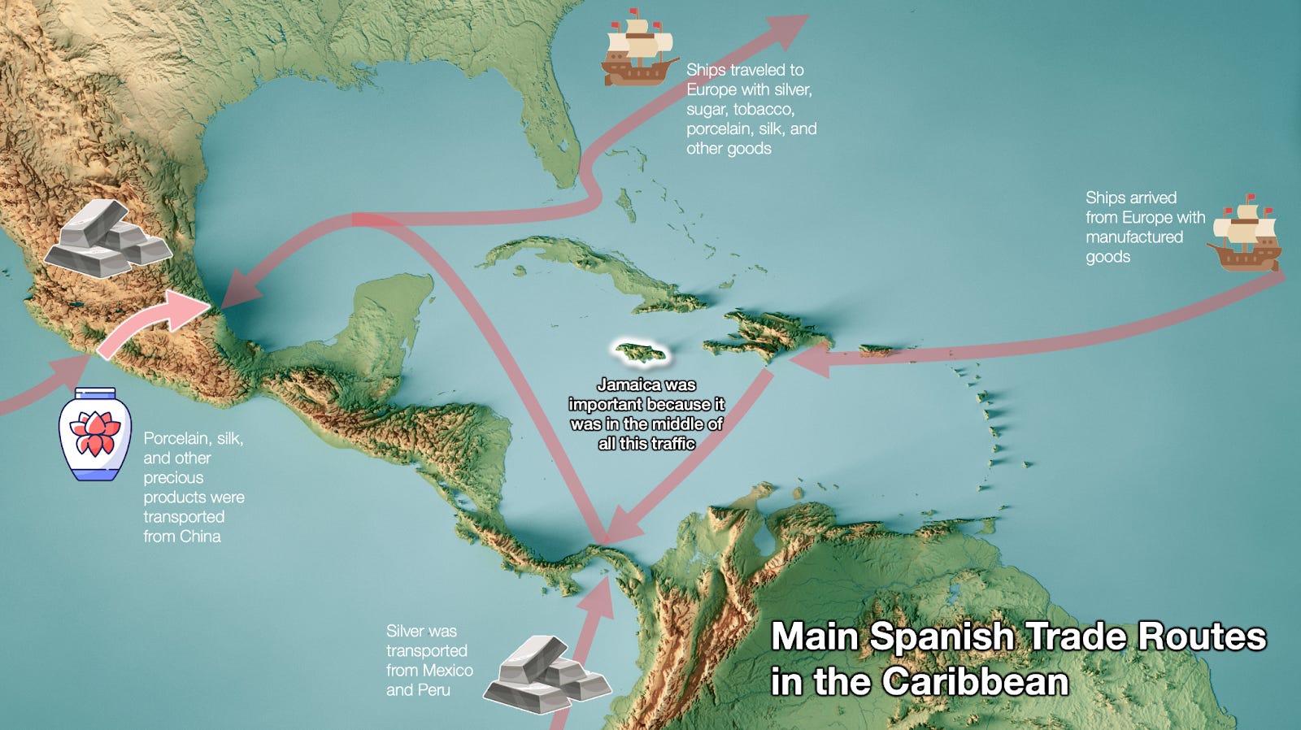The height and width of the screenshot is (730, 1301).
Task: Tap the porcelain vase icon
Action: (x=95, y=434)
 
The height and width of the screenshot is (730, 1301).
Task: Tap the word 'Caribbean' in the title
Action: (x=975, y=681)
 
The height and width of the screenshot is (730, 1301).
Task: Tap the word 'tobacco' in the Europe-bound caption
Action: (x=763, y=109)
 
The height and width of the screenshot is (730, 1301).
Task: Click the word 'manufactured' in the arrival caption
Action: (x=1133, y=237)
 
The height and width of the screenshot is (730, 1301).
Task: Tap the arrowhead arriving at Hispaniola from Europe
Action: (x=808, y=358)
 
